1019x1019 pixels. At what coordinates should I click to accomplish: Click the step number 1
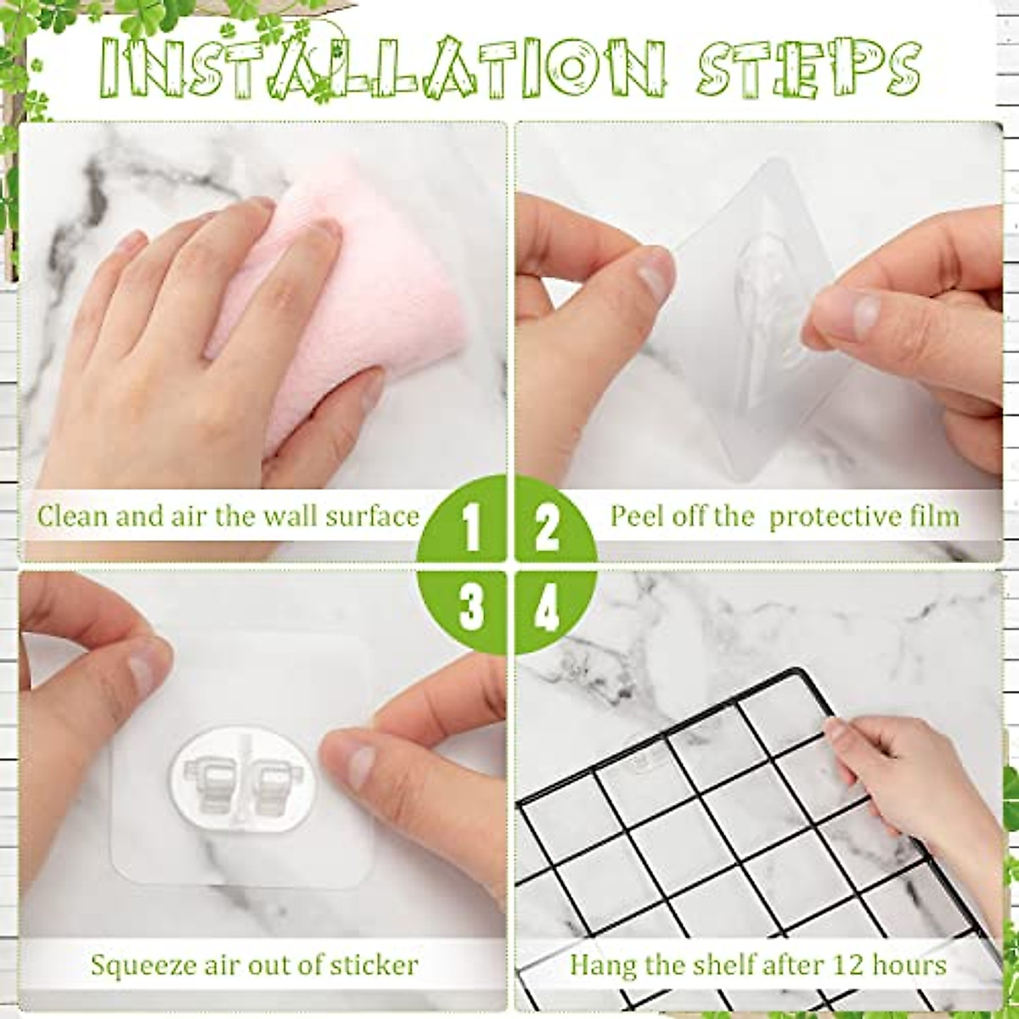click(471, 527)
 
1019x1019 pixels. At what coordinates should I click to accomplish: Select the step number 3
click(471, 608)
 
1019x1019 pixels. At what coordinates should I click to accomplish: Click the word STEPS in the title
click(808, 68)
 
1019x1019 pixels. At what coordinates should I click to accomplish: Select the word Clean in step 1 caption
click(72, 516)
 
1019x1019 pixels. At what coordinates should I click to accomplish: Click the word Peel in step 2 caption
click(633, 516)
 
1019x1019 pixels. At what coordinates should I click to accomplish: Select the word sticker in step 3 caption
click(374, 965)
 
